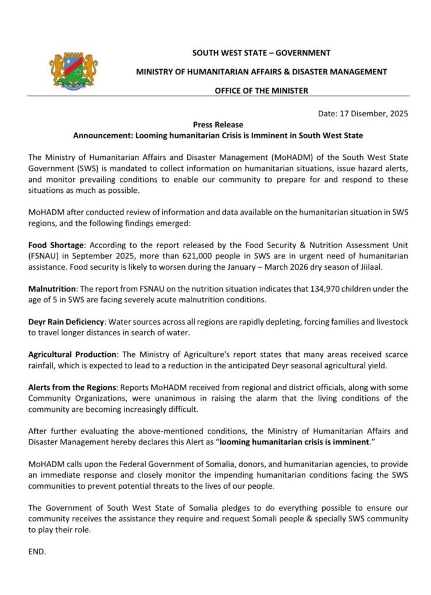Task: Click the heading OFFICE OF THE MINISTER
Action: [x=261, y=91]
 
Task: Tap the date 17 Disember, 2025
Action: [x=372, y=114]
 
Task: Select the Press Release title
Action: [x=218, y=124]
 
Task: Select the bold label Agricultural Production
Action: [x=73, y=354]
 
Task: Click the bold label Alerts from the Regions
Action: [x=73, y=387]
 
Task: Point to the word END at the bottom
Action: [x=37, y=551]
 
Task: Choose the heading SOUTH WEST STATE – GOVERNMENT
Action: [x=261, y=53]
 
